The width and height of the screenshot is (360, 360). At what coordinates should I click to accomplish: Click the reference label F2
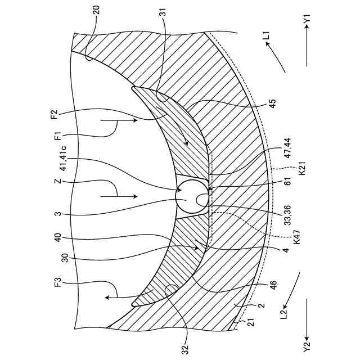pyautogui.click(x=55, y=116)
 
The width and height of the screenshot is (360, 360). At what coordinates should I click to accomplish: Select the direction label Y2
pyautogui.click(x=307, y=343)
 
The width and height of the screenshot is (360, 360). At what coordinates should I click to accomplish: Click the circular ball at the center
pyautogui.click(x=191, y=199)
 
